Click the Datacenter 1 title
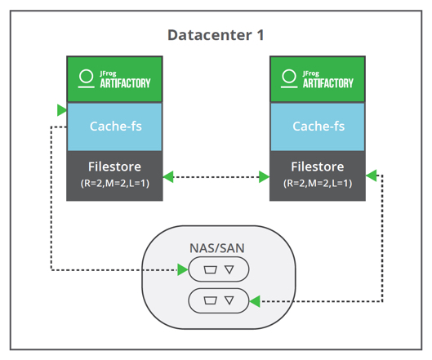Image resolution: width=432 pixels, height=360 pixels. pos(216,35)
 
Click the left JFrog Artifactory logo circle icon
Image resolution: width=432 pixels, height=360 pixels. pos(84,78)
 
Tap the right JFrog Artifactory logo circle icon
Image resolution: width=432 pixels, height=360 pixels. pos(288,78)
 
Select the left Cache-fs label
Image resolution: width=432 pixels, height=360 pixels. pos(114,127)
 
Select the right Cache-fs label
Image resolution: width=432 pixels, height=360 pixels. pos(318,127)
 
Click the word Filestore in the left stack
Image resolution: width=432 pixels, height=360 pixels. pos(114,167)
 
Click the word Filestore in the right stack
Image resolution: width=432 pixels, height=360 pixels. pos(318,167)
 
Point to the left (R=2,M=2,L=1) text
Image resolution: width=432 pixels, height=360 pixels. pos(114,183)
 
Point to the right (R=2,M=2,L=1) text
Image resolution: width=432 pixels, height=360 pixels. pos(318,183)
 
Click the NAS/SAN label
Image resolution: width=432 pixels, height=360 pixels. pos(217,247)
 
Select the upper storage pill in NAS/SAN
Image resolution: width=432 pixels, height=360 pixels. pos(218,269)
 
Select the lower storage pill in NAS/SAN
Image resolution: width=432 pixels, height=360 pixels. pos(218,300)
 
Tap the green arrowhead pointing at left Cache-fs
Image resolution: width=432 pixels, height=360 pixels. pos(61,109)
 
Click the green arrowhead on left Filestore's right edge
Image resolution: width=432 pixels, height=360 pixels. pos(168,176)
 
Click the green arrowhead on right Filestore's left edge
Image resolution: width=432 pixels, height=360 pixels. pos(265,176)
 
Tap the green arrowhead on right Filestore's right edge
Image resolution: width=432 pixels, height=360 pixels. pos(372,175)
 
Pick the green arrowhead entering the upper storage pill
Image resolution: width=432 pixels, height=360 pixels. pos(183,269)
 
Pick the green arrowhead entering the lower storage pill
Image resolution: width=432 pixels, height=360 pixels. pos(255,301)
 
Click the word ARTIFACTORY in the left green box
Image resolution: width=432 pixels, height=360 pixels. pos(125,83)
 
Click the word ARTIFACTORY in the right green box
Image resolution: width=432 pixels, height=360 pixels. pos(328,83)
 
